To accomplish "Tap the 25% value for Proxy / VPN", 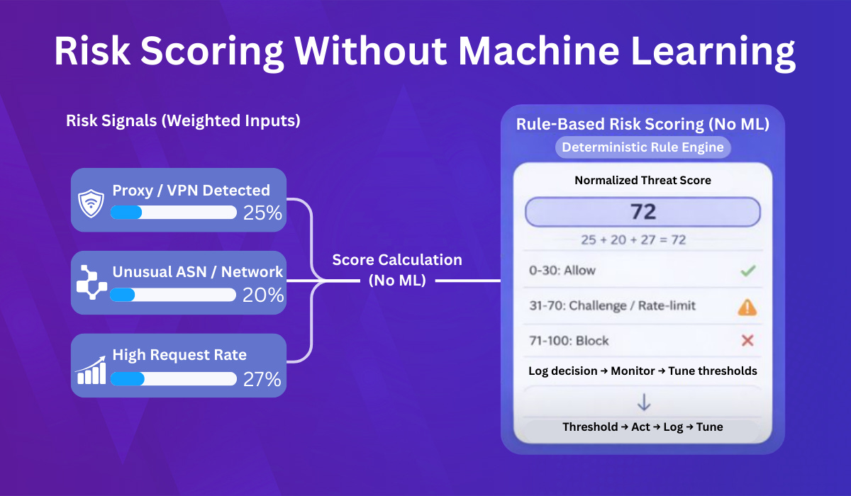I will (262, 212).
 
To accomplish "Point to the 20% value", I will (262, 295).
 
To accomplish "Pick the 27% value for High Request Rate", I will (262, 379).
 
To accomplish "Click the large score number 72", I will (643, 212).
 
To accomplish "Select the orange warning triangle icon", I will (747, 306).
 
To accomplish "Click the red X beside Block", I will (747, 341).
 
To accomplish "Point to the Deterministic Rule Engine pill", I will (643, 147).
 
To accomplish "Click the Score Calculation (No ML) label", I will (397, 270).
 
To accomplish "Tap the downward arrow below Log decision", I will (643, 402).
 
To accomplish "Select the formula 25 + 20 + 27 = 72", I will (643, 239).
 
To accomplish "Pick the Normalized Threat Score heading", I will (643, 180).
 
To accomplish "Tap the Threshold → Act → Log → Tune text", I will (643, 427).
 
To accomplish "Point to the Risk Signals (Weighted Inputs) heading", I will (183, 120).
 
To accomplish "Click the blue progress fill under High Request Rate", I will (127, 378).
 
